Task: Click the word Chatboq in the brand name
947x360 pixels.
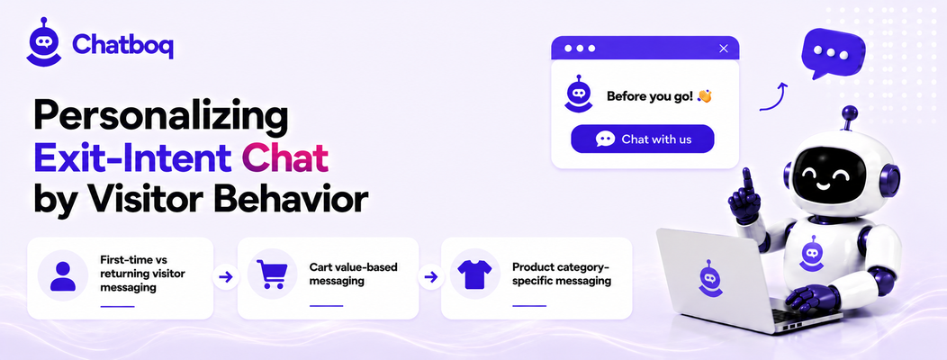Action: [x=122, y=44]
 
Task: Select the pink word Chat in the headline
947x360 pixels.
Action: [x=285, y=158]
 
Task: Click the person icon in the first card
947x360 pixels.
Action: [x=63, y=276]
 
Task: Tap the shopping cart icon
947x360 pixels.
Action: [x=271, y=274]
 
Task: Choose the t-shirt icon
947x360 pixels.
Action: [x=474, y=274]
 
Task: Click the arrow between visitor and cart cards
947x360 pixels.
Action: [x=225, y=277]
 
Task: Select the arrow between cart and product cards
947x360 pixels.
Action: [x=430, y=277]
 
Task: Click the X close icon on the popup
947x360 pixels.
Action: [x=724, y=49]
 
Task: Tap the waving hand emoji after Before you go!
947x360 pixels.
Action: [x=705, y=95]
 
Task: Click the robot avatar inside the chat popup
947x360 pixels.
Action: [x=579, y=94]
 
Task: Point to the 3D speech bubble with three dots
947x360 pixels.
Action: [x=833, y=52]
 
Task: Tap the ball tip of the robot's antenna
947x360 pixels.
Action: [x=850, y=112]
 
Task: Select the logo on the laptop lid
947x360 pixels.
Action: [x=710, y=278]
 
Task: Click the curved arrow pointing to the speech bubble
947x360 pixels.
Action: [x=775, y=95]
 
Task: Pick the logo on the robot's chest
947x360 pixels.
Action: [x=812, y=253]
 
